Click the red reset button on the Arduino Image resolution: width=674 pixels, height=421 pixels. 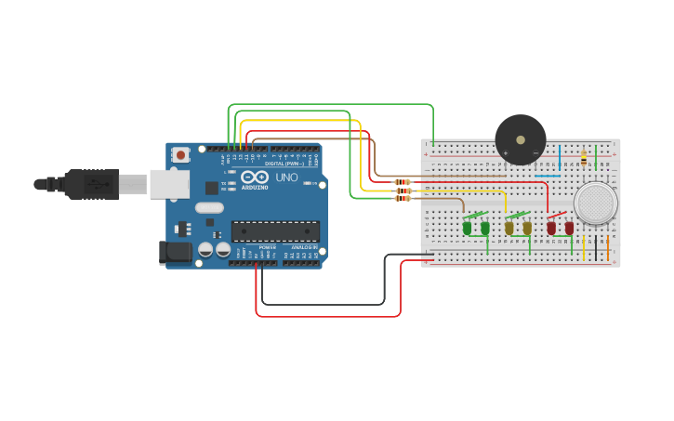tap(180, 154)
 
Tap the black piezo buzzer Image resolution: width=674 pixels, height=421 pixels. tap(521, 139)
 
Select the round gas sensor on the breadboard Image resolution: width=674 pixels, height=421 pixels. tap(595, 203)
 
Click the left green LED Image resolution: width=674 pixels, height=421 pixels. tap(467, 228)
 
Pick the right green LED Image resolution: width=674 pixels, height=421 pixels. tap(484, 228)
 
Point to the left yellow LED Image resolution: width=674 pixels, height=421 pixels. tap(509, 228)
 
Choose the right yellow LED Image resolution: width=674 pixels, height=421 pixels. tap(527, 228)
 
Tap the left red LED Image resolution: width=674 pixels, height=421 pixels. tap(550, 228)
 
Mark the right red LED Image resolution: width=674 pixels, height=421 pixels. tap(569, 228)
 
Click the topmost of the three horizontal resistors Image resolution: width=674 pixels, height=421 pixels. tap(403, 182)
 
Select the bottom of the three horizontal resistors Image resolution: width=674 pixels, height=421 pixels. tap(403, 198)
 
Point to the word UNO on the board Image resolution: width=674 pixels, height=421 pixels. tap(286, 177)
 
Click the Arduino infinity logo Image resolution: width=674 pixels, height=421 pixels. tap(255, 177)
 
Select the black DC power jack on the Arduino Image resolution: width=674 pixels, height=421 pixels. tap(175, 252)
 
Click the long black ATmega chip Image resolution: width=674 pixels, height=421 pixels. tap(275, 231)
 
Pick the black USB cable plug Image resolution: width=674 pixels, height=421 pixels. tap(93, 184)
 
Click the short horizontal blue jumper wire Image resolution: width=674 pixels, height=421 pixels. tap(548, 175)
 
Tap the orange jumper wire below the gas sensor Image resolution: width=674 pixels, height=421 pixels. tap(607, 246)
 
